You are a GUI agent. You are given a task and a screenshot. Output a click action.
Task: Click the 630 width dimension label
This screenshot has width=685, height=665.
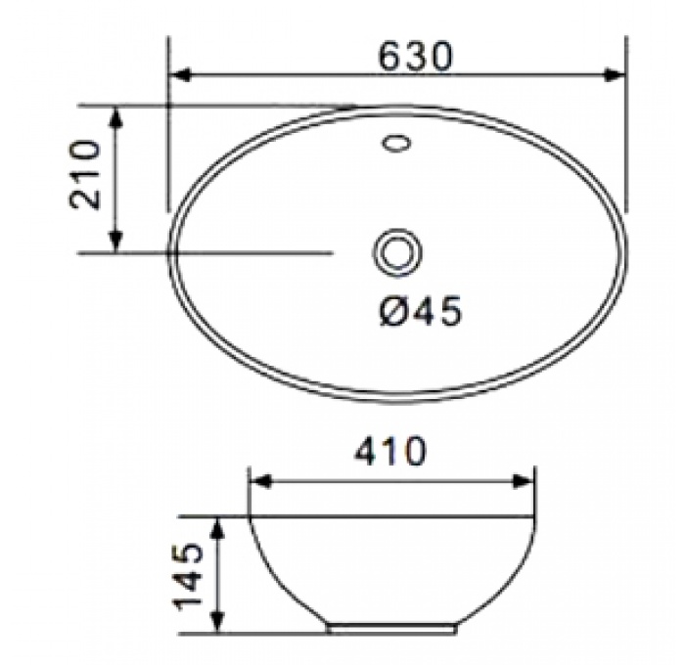pos(416,56)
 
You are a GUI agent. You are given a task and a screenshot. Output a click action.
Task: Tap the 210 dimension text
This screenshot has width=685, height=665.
pos(85,175)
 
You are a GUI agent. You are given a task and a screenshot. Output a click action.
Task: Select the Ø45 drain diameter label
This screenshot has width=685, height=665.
pos(420,310)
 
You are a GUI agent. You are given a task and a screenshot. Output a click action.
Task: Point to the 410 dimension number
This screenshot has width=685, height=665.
pos(389,450)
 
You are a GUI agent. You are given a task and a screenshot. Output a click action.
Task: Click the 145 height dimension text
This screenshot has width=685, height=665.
pos(189,575)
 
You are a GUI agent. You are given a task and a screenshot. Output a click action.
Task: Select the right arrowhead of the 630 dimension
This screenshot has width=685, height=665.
pos(615,74)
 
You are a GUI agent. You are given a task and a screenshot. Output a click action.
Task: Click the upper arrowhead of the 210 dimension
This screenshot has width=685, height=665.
pos(115,117)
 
